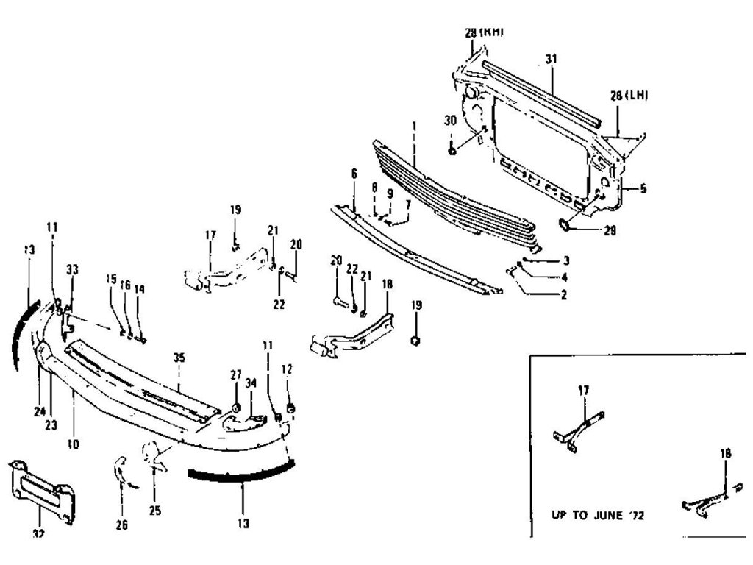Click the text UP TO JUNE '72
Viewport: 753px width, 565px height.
(x=598, y=516)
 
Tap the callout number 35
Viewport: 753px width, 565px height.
(x=179, y=358)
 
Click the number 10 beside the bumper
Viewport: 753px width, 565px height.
(x=74, y=444)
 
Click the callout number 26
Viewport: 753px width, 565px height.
(x=122, y=525)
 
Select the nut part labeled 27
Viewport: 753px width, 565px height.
(x=236, y=408)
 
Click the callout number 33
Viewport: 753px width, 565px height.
(x=71, y=269)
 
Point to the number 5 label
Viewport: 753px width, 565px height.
(x=643, y=189)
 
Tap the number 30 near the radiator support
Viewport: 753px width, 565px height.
(x=450, y=120)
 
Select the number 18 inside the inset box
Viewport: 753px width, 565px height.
(x=726, y=455)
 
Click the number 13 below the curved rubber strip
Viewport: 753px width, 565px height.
(x=243, y=524)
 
